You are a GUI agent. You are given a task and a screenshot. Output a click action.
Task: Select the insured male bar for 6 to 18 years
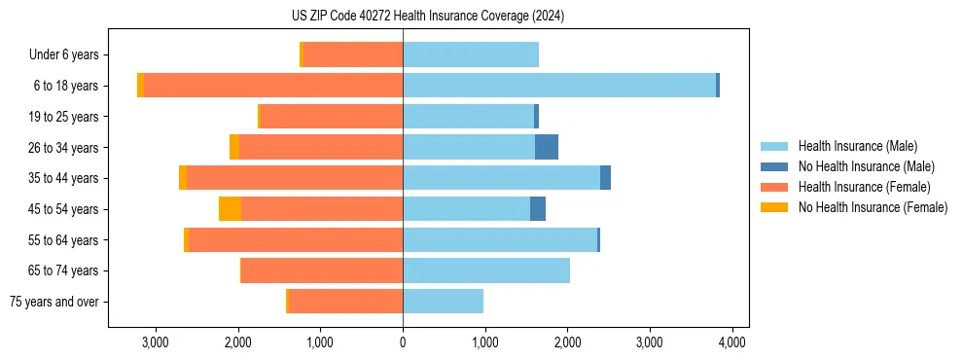(x=559, y=86)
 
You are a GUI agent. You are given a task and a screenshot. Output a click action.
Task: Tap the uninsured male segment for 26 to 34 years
(x=547, y=147)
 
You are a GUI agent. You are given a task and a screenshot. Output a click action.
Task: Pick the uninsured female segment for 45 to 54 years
(x=230, y=209)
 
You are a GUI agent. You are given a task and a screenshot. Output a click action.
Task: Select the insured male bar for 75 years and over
(x=443, y=302)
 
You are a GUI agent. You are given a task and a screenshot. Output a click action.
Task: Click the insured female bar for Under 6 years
(x=353, y=54)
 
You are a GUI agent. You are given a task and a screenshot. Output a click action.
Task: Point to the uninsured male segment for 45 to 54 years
(x=538, y=209)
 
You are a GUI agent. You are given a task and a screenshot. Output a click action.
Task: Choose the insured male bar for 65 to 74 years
(x=486, y=270)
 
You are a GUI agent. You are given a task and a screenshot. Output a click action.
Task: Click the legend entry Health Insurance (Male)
(x=857, y=146)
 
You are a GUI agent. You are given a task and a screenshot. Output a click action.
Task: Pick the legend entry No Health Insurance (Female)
(x=873, y=207)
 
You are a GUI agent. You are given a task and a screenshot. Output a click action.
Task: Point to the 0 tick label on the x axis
(x=403, y=342)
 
